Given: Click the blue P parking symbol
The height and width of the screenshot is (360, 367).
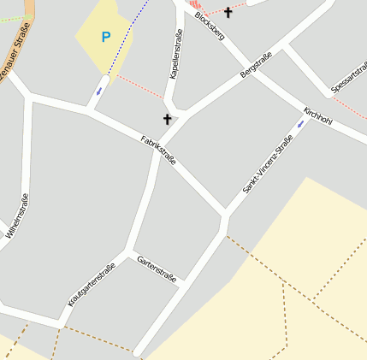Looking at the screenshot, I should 106,37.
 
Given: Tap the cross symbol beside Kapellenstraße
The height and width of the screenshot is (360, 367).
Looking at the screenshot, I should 167,120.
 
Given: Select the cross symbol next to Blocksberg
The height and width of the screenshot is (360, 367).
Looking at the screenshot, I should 228,12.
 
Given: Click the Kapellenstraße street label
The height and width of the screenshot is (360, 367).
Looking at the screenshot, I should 176,54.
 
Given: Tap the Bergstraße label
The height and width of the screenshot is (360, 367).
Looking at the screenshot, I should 257,64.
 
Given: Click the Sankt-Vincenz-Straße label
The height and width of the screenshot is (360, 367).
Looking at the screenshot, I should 268,162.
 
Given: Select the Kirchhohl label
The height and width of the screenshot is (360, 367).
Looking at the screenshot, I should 317,117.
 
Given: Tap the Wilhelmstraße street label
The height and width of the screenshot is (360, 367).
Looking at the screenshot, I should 17,215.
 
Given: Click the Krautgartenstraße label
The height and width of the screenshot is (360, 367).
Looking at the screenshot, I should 92,284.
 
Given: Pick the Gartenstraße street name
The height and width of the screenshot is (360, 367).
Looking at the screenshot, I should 157,269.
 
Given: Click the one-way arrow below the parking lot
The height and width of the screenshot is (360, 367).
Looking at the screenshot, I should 98,91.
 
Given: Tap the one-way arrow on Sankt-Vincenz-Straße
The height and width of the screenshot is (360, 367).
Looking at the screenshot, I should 300,125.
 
